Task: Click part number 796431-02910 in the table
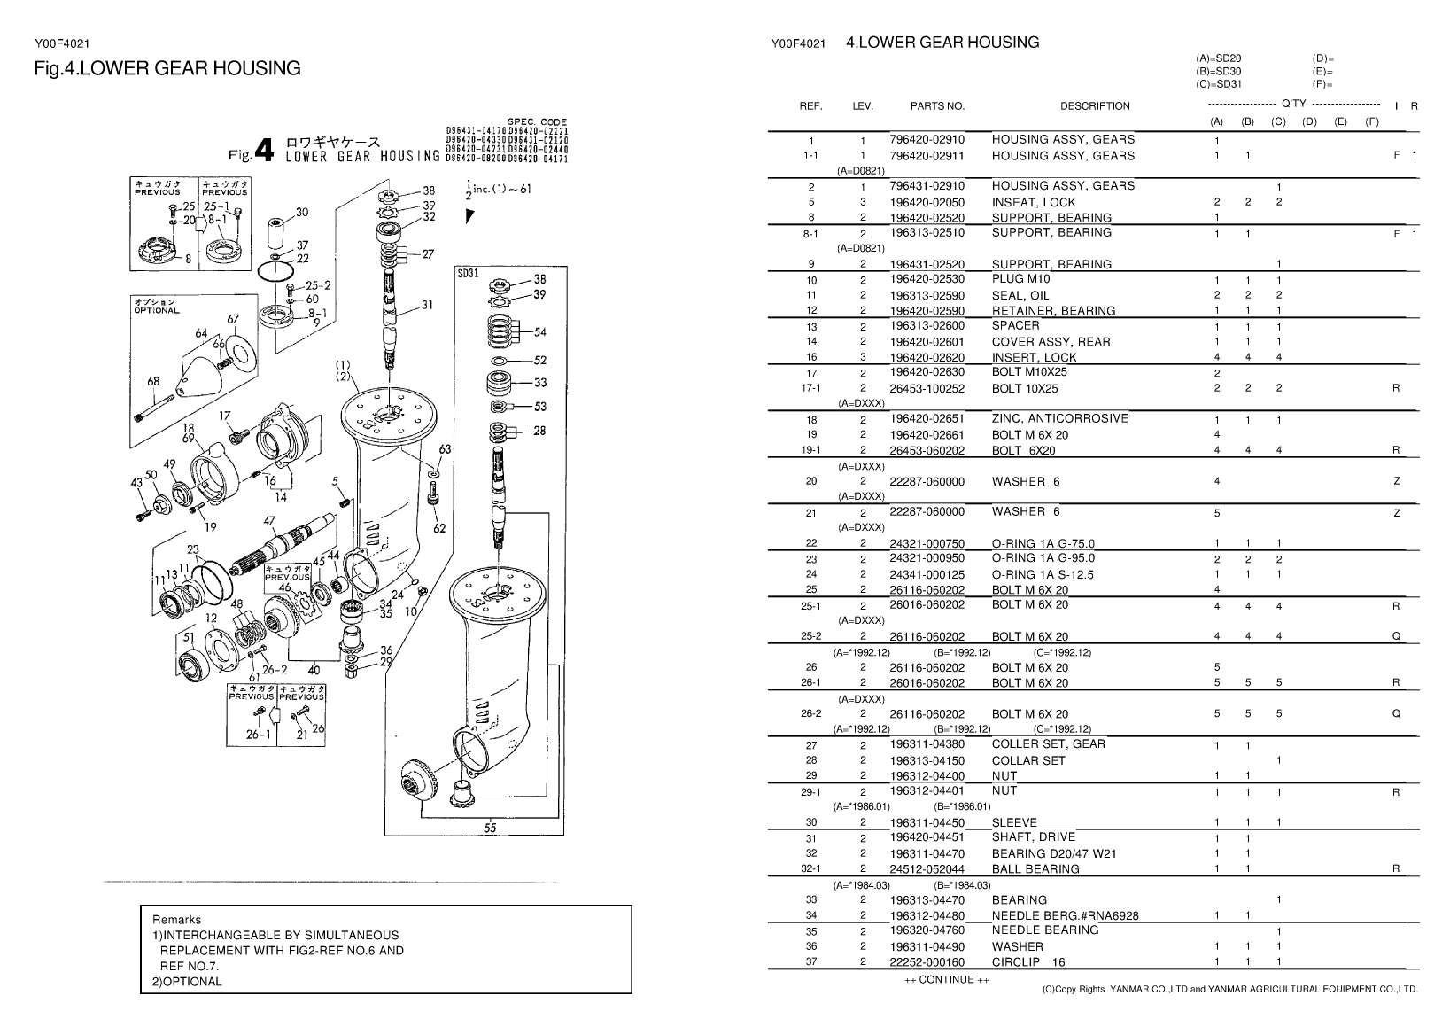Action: pyautogui.click(x=927, y=186)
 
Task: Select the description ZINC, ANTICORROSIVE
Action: pyautogui.click(x=1059, y=418)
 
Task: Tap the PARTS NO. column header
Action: pyautogui.click(x=937, y=106)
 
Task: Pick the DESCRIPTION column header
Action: pyautogui.click(x=1095, y=106)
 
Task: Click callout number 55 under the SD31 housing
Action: pyautogui.click(x=490, y=829)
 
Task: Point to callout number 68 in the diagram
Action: pyautogui.click(x=153, y=382)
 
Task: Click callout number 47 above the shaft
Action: pyautogui.click(x=270, y=521)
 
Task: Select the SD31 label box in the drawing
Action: pyautogui.click(x=469, y=273)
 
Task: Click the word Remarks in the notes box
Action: pyautogui.click(x=177, y=920)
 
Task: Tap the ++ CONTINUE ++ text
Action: pyautogui.click(x=939, y=979)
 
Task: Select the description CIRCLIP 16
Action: pyautogui.click(x=1028, y=961)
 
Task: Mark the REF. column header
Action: pyautogui.click(x=810, y=106)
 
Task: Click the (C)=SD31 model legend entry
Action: pyautogui.click(x=1219, y=84)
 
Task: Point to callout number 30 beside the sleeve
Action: pyautogui.click(x=302, y=212)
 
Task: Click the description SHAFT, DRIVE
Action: pyautogui.click(x=1033, y=836)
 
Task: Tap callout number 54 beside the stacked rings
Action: pyautogui.click(x=540, y=332)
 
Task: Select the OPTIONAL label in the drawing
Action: pyautogui.click(x=157, y=310)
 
